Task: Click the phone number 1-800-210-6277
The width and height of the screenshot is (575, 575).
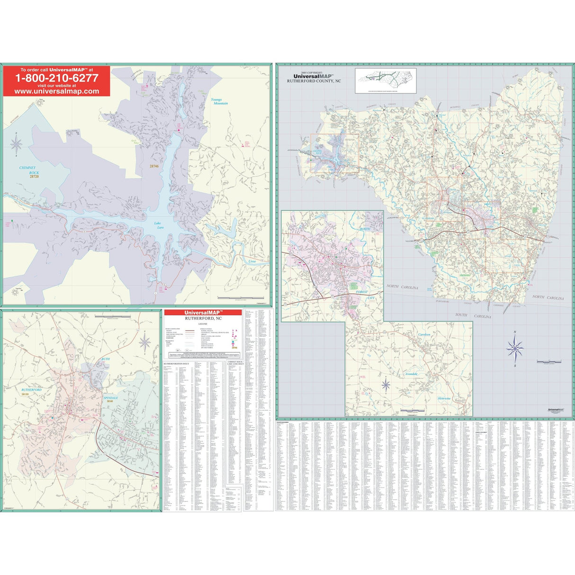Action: coord(56,78)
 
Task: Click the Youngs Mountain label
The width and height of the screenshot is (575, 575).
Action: coord(219,101)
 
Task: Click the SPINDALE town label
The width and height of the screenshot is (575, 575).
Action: coord(109,397)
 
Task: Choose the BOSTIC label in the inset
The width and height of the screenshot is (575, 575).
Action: coord(366,229)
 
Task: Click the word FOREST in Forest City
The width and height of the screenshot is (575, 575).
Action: coord(360,292)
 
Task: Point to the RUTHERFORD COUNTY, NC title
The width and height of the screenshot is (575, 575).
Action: coord(314,81)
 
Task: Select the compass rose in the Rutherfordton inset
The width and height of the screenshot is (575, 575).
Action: coord(145,342)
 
